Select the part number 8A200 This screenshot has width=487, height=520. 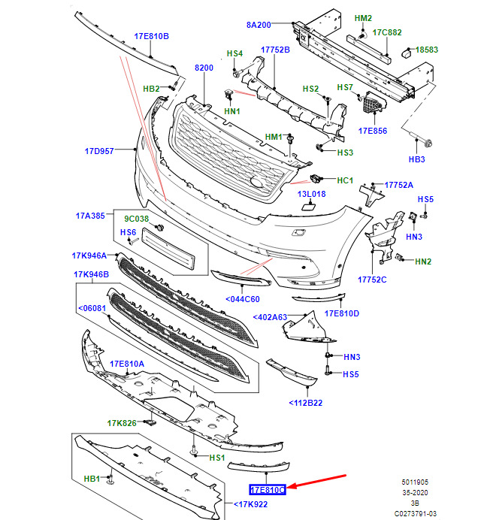[259, 25]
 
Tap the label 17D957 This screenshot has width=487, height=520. [98, 151]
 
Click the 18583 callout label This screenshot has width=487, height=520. [425, 50]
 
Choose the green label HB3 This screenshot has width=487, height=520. [417, 159]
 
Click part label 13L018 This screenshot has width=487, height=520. [311, 195]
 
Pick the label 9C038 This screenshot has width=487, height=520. [136, 219]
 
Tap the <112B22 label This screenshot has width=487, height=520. [305, 404]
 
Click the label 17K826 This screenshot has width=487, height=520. [121, 423]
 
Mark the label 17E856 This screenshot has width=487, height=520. [372, 130]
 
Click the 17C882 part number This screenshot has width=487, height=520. [388, 32]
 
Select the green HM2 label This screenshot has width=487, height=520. [363, 17]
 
